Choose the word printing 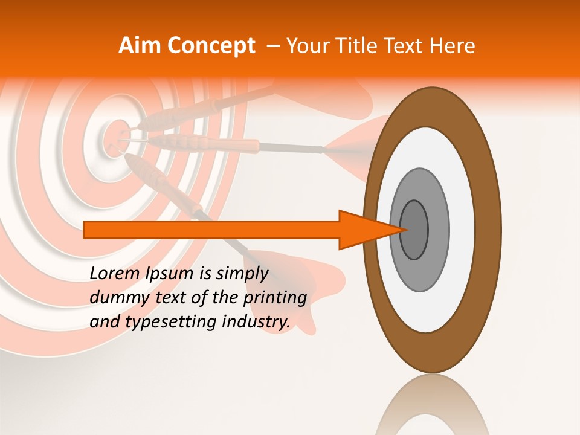pyautogui.click(x=275, y=298)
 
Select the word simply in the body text pyautogui.click(x=242, y=274)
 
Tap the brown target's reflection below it pyautogui.click(x=432, y=405)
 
